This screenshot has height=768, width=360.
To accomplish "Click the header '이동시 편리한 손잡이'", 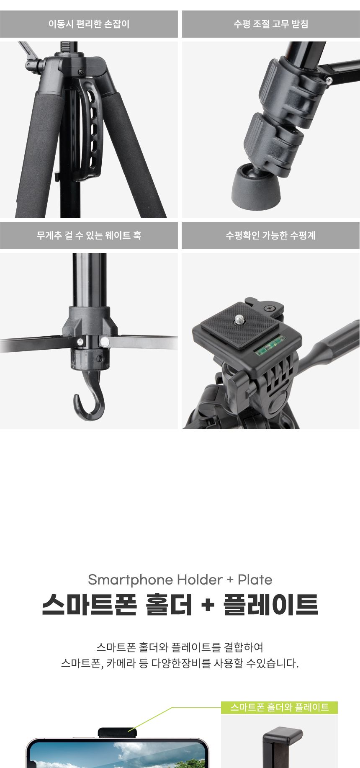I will click(89, 24).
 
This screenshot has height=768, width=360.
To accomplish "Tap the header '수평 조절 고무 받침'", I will click(271, 24).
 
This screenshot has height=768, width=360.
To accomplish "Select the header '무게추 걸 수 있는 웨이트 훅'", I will click(89, 235).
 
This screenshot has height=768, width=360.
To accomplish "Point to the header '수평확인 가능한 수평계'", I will click(271, 235).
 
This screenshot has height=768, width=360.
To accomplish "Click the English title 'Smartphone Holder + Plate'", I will click(180, 580).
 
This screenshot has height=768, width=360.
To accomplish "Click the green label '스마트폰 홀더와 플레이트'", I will click(279, 707).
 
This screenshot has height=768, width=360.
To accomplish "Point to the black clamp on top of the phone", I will click(117, 732).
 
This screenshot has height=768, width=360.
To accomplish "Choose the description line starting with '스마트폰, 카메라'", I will click(180, 663).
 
